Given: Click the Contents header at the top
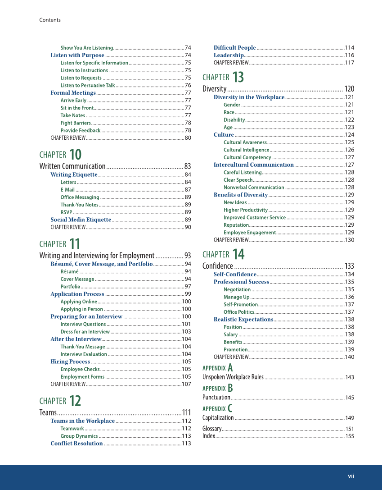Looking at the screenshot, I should click(x=49, y=20).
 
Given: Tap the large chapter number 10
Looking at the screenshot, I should click(x=75, y=155).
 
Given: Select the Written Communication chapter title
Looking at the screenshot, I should click(x=72, y=166).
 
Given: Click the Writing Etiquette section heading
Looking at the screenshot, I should click(x=74, y=174).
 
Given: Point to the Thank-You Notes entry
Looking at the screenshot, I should click(x=79, y=205).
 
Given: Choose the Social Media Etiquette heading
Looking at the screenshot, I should click(x=81, y=220).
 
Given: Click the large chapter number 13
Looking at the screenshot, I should click(x=238, y=77).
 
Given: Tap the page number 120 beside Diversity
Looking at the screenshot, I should click(x=349, y=89).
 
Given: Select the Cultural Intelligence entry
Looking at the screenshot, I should click(x=246, y=150).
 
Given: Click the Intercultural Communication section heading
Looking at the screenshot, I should click(x=253, y=165).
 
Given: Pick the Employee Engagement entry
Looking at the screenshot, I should click(x=250, y=233).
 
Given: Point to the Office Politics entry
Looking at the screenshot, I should click(x=238, y=312).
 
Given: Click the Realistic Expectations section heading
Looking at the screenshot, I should click(x=243, y=319).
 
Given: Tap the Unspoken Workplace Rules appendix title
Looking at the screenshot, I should click(x=233, y=377).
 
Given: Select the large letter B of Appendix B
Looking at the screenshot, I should click(x=230, y=388).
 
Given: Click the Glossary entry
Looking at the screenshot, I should click(x=212, y=429).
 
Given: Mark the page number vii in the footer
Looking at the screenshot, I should click(x=351, y=476).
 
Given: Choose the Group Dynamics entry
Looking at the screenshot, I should click(x=79, y=436).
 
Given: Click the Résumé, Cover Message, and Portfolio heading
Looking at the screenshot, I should click(x=101, y=264).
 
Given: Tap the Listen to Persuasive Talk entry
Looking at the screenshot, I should click(x=88, y=85).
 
